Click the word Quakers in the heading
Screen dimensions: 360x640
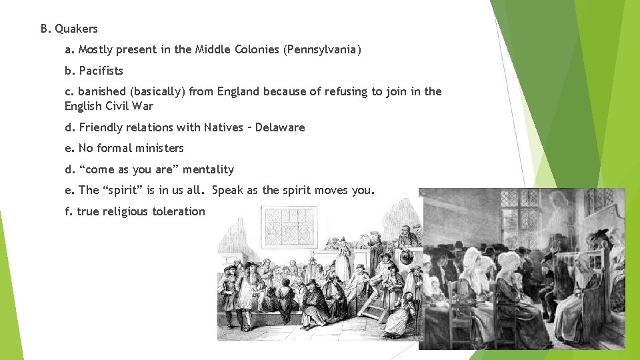point(76,29)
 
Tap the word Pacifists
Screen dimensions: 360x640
point(101,71)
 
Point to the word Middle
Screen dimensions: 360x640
point(213,49)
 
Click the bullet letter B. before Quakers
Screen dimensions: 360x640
point(45,29)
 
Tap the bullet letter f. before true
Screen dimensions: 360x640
point(69,211)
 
